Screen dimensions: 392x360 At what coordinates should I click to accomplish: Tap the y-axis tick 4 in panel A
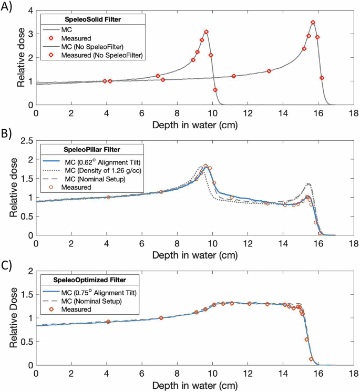29,11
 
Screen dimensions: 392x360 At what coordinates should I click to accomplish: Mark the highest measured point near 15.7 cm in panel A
313,23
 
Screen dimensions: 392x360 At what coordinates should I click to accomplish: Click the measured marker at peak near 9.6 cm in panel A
206,32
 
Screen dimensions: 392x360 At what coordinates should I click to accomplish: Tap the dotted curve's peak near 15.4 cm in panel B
308,184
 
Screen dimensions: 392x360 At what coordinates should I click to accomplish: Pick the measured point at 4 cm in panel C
108,321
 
